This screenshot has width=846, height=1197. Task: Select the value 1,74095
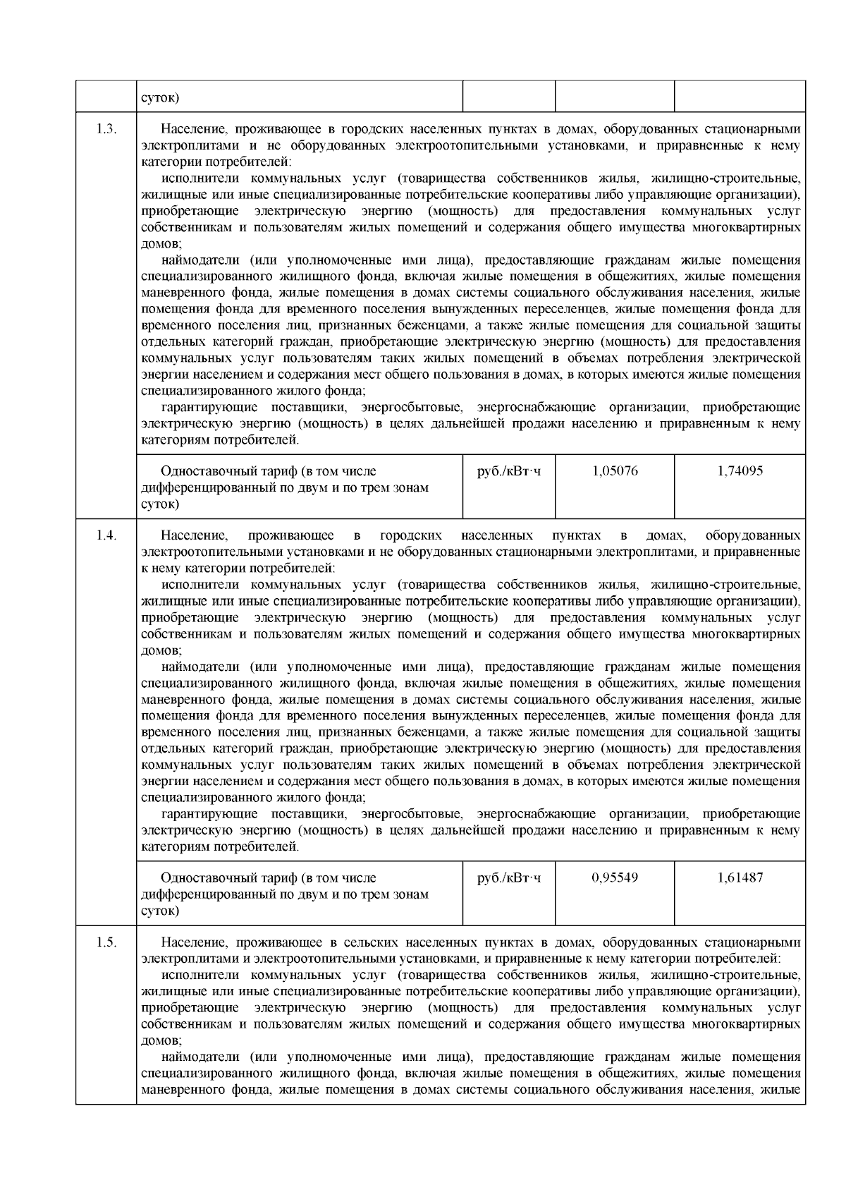click(740, 471)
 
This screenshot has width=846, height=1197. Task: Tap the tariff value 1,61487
click(740, 878)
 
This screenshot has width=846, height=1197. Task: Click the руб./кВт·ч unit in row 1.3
click(509, 471)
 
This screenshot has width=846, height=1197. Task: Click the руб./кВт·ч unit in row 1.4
click(509, 878)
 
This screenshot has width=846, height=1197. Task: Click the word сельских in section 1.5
click(364, 942)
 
